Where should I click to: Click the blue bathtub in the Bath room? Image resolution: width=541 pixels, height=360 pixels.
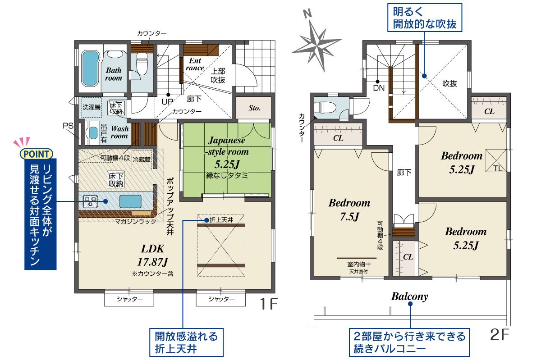click(91, 68)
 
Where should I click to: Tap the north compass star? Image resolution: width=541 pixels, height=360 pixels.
click(316, 46)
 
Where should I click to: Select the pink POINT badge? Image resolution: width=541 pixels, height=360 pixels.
click(36, 154)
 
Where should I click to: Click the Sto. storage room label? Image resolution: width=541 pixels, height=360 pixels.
click(255, 108)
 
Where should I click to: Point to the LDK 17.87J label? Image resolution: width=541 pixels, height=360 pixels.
click(153, 255)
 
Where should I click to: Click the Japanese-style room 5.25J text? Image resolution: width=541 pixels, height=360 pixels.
click(226, 152)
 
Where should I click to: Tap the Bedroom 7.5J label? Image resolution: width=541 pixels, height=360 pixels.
click(349, 210)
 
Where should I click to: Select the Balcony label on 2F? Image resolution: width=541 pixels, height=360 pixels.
click(410, 296)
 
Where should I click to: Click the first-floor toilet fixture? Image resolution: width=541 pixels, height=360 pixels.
click(142, 64)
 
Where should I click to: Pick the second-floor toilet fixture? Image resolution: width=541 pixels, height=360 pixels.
click(325, 107)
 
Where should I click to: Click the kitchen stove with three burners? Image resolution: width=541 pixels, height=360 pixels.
click(90, 201)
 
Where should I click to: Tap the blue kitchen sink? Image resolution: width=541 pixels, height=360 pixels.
click(130, 201)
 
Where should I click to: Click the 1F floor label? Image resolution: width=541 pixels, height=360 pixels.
click(269, 304)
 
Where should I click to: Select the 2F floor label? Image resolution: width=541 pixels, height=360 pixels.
click(500, 334)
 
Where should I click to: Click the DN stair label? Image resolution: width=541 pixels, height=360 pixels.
click(379, 88)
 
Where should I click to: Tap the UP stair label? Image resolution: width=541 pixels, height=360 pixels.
click(167, 102)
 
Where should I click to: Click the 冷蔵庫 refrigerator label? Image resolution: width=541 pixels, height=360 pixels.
click(142, 159)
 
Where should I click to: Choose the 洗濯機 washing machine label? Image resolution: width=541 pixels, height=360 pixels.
click(92, 107)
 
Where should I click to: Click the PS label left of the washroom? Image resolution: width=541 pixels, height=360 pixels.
click(68, 126)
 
